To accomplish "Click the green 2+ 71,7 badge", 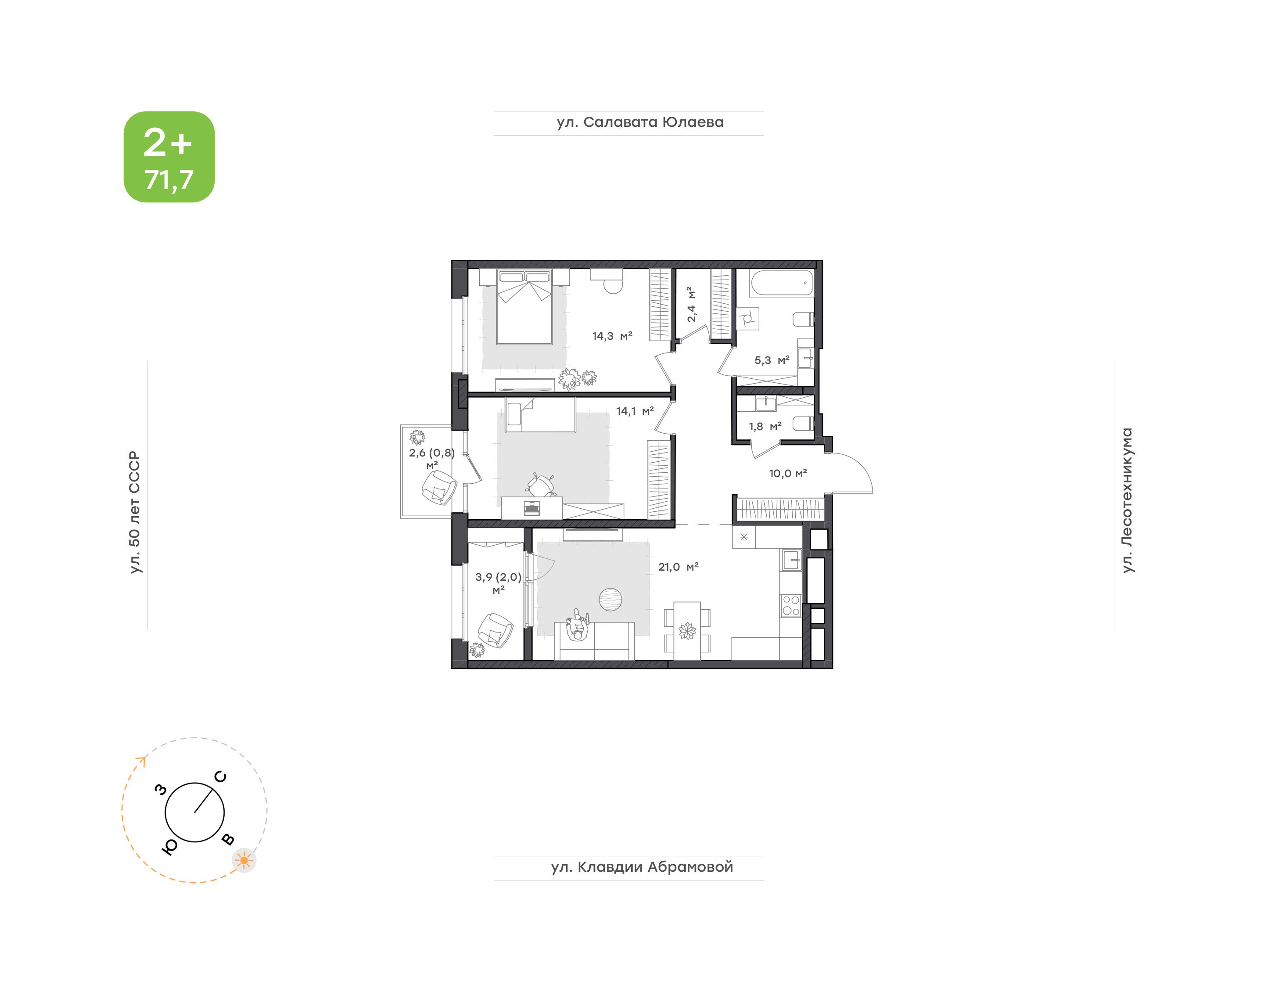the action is [x=169, y=157].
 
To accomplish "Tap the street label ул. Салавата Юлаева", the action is [x=640, y=122].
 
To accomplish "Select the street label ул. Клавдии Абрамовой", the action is [x=642, y=867].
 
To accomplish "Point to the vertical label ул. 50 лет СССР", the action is [x=135, y=512].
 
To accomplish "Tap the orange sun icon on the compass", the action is [x=244, y=860].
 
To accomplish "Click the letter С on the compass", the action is [x=221, y=776].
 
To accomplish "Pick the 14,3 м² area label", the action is [x=612, y=336].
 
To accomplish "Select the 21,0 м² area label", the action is [x=678, y=567].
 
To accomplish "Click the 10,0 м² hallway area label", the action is [x=788, y=473].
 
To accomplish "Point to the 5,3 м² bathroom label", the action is [x=772, y=360].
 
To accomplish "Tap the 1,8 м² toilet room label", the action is [x=765, y=426].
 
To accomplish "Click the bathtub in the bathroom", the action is [x=782, y=284].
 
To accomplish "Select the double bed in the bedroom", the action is [x=525, y=307].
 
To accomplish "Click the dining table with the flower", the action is [x=687, y=631].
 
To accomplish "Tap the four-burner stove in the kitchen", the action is [x=791, y=605].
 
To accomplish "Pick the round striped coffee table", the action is [x=610, y=600].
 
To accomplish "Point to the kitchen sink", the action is [x=791, y=561].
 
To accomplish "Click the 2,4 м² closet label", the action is [x=691, y=304].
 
